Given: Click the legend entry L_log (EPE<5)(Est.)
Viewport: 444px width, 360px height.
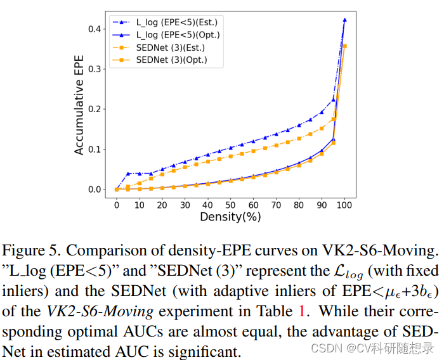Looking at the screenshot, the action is pos(165,22).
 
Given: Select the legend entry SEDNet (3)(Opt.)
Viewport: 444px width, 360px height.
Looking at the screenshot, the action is pos(160,60).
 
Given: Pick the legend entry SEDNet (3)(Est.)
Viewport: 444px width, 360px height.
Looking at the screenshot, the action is pos(159,48).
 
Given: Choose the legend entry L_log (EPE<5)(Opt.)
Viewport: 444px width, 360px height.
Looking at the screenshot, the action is pos(166,35).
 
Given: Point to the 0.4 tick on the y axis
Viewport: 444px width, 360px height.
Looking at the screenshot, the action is pos(95,29).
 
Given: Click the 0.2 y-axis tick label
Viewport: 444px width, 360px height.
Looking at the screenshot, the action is pos(95,109).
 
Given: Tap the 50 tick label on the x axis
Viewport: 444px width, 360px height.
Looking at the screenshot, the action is pos(230,205).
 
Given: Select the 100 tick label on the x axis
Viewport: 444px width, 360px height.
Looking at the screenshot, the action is pos(344,205).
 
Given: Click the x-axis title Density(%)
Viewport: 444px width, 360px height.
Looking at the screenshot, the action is pos(230,217).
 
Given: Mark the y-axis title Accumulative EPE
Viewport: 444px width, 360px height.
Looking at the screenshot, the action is pos(79,105).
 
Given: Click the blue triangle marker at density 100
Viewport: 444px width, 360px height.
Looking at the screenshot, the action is pos(344,20).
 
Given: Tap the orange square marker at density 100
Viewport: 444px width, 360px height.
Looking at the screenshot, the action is pos(344,46).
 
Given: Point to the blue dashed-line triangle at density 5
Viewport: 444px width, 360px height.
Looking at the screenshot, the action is pos(128,174).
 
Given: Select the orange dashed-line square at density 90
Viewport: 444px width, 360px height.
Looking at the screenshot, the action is pos(322,129).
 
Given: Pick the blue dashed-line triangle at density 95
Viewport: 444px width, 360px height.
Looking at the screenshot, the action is pos(333,100).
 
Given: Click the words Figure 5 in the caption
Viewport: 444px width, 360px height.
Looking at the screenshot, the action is pos(31,251).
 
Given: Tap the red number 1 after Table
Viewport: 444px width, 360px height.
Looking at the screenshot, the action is pos(302,311).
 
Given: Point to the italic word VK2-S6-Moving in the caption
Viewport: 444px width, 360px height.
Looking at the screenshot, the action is pos(100,311).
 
